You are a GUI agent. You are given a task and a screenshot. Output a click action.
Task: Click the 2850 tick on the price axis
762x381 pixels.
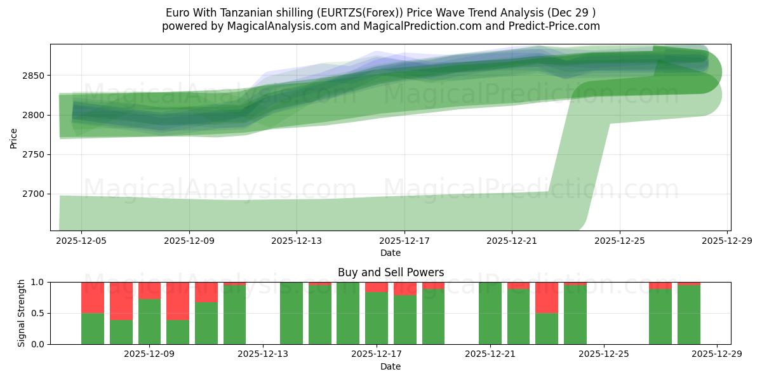pyautogui.click(x=36, y=76)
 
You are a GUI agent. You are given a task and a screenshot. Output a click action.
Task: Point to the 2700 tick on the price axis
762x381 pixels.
pyautogui.click(x=36, y=194)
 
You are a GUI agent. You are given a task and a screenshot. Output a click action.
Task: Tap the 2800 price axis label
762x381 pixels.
pyautogui.click(x=36, y=115)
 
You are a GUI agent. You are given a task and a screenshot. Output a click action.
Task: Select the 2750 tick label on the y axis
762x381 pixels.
pyautogui.click(x=36, y=154)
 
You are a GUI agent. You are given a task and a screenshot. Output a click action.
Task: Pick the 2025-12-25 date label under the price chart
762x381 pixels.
pyautogui.click(x=620, y=241)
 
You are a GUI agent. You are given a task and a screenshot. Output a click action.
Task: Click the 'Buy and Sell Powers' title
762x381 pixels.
pyautogui.click(x=391, y=272)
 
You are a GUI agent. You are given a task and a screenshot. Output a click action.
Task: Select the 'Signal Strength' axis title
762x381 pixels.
pyautogui.click(x=22, y=313)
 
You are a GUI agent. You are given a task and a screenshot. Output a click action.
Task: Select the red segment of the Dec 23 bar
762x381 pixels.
pyautogui.click(x=546, y=297)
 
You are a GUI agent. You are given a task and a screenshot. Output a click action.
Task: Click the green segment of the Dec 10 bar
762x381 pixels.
pyautogui.click(x=206, y=323)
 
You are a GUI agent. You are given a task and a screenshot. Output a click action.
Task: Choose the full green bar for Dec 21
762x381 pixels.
pyautogui.click(x=490, y=313)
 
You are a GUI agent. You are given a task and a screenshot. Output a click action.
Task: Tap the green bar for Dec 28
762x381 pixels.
pyautogui.click(x=688, y=315)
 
